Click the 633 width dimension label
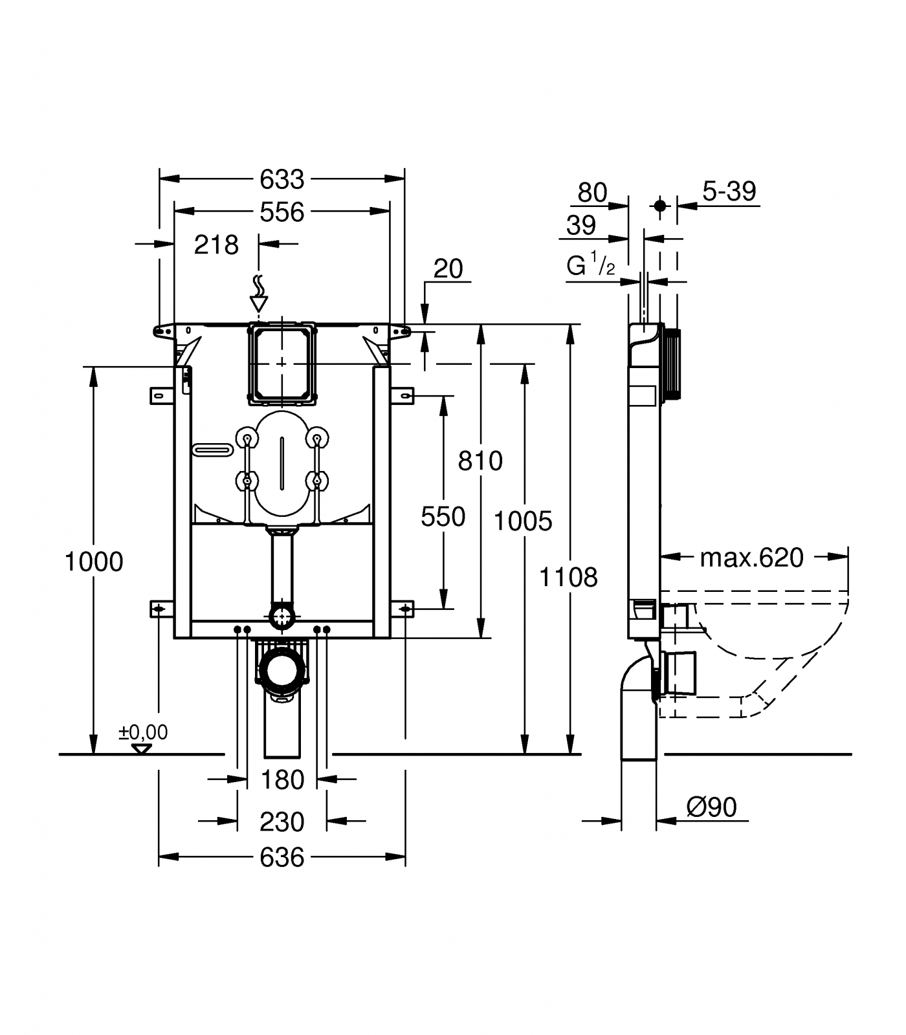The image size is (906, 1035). [x=282, y=179]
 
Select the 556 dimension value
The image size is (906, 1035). [x=282, y=212]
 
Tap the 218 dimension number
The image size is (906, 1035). [x=217, y=245]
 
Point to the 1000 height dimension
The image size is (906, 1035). [x=94, y=562]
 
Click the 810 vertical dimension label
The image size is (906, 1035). [x=480, y=461]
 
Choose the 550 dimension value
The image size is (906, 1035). [x=443, y=517]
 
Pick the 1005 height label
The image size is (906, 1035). [x=523, y=521]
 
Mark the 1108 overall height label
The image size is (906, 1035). [x=569, y=577]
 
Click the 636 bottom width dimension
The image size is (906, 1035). [x=282, y=858]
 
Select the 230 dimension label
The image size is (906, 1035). [x=282, y=822]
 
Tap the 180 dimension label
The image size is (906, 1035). [x=282, y=780]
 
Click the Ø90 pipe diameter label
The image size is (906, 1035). [x=711, y=807]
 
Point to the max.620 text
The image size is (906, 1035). [x=751, y=558]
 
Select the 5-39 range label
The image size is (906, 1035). [x=729, y=191]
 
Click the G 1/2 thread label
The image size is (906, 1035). [x=591, y=266]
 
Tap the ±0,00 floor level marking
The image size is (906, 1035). [x=143, y=733]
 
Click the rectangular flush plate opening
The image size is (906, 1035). [x=282, y=364]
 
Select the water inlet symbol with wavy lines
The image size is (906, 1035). [x=258, y=294]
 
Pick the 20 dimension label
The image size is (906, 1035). [x=448, y=268]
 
